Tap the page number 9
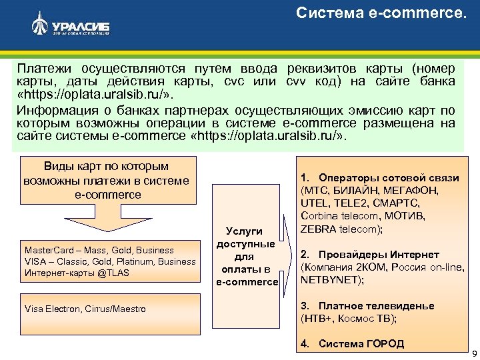point(473,353)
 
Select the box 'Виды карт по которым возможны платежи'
point(107,180)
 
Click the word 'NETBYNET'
point(331,280)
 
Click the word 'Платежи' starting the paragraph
point(45,69)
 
